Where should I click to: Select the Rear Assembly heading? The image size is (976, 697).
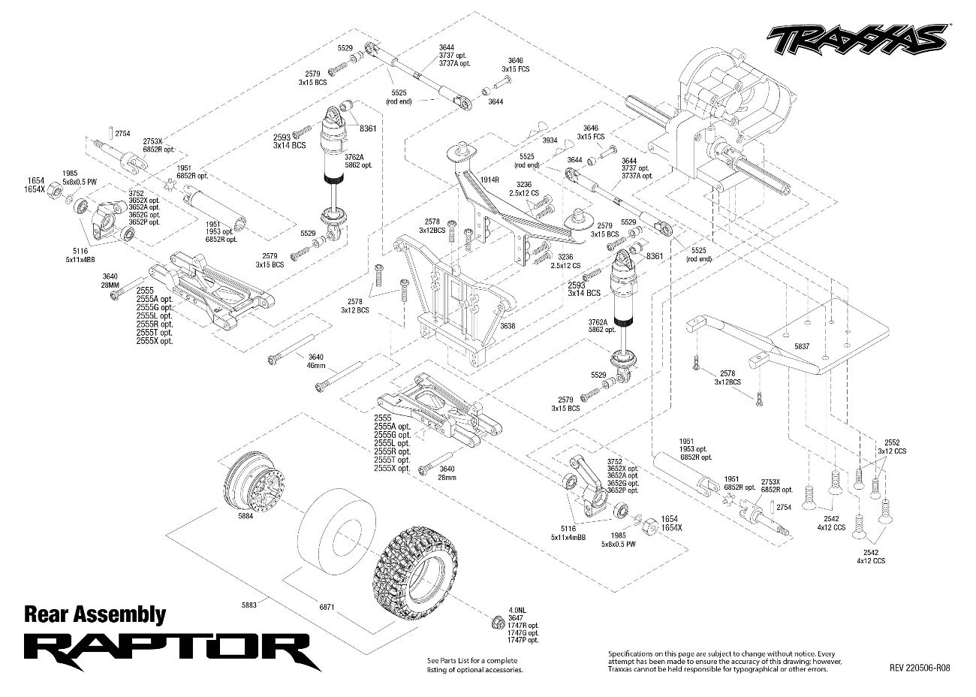[x=95, y=614]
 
